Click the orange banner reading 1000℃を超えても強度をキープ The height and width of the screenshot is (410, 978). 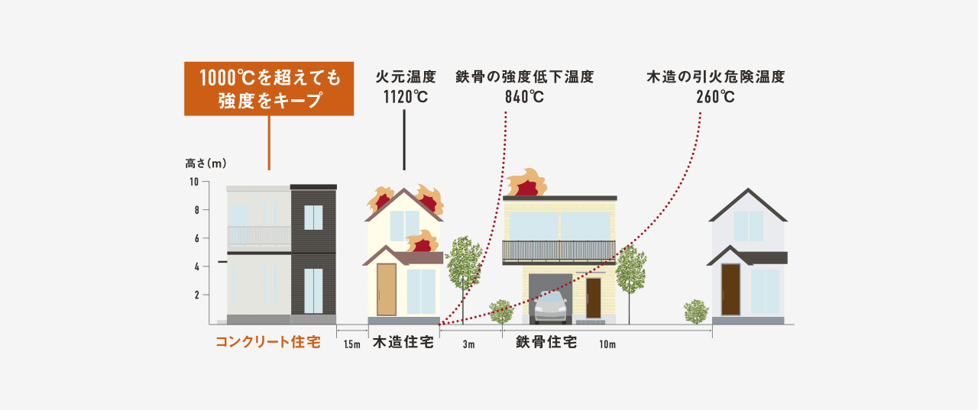click(x=269, y=89)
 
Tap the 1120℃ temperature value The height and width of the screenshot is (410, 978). click(x=406, y=97)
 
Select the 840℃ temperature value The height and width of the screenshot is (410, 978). click(x=524, y=97)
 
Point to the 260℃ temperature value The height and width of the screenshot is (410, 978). click(x=716, y=97)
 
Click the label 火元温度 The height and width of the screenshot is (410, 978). click(x=406, y=77)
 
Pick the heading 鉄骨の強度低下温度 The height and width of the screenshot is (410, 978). click(x=525, y=77)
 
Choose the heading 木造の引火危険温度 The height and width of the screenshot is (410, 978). click(x=716, y=77)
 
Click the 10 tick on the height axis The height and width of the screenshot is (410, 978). click(x=194, y=182)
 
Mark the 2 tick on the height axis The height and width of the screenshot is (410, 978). click(x=197, y=295)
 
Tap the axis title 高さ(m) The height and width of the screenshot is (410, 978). click(x=206, y=163)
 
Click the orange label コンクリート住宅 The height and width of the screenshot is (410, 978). click(x=268, y=342)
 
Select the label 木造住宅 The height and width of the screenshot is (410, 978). click(x=403, y=342)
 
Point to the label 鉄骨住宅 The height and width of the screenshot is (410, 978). click(x=546, y=342)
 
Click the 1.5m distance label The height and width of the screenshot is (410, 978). click(x=352, y=344)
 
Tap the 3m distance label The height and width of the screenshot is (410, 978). click(x=468, y=344)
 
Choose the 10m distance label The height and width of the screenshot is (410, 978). click(x=607, y=344)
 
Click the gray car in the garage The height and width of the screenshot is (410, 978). click(x=551, y=307)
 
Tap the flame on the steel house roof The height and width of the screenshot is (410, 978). click(x=526, y=182)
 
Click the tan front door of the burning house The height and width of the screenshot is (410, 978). click(x=387, y=289)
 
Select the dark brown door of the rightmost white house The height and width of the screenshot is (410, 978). click(x=730, y=289)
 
